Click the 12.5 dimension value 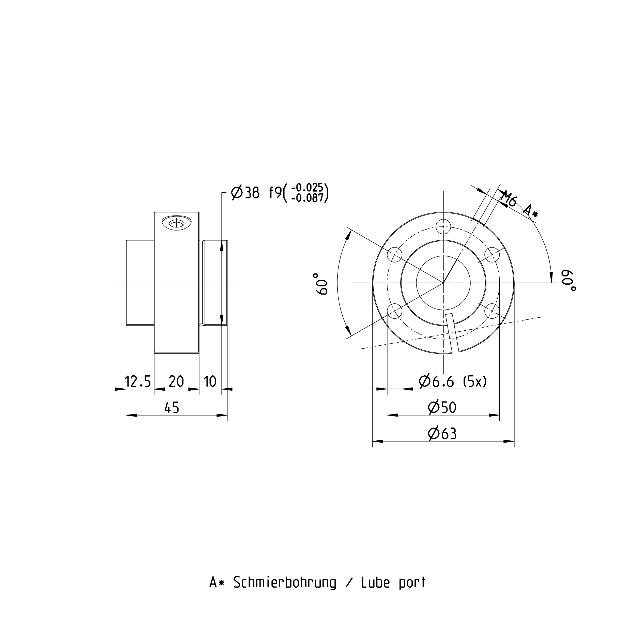[x=138, y=381]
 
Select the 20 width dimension [x=176, y=381]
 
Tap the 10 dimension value [x=210, y=381]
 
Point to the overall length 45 [x=172, y=408]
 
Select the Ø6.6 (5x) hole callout [x=453, y=381]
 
